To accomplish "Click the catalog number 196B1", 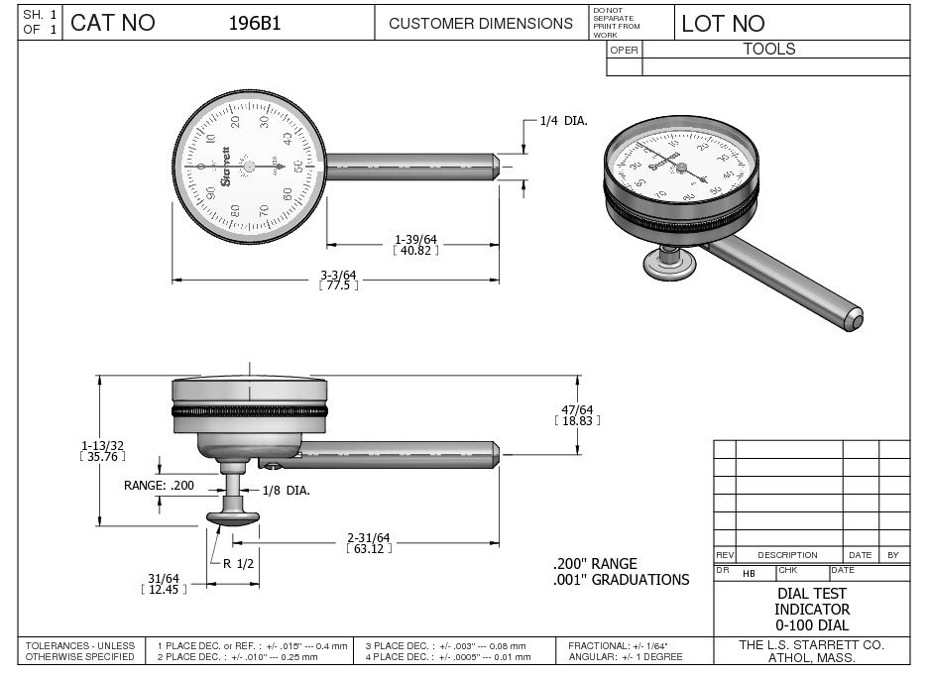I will pyautogui.click(x=255, y=23).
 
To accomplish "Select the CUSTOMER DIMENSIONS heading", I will pyautogui.click(x=480, y=23).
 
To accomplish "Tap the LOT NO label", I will pyautogui.click(x=723, y=24).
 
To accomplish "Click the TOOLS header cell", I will pyautogui.click(x=769, y=49).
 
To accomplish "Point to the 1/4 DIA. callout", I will pyautogui.click(x=563, y=120).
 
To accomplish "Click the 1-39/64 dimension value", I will pyautogui.click(x=415, y=239).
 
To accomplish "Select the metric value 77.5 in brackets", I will pyautogui.click(x=338, y=284).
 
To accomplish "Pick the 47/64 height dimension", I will pyautogui.click(x=577, y=409).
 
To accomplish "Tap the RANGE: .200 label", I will pyautogui.click(x=159, y=485).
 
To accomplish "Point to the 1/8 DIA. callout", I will pyautogui.click(x=287, y=490).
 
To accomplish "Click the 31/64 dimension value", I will pyautogui.click(x=163, y=578).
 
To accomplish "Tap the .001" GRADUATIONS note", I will pyautogui.click(x=621, y=580).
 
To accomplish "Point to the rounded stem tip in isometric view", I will pyautogui.click(x=854, y=319).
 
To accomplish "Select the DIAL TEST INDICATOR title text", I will pyautogui.click(x=811, y=601).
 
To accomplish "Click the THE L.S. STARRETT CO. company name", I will pyautogui.click(x=811, y=645).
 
